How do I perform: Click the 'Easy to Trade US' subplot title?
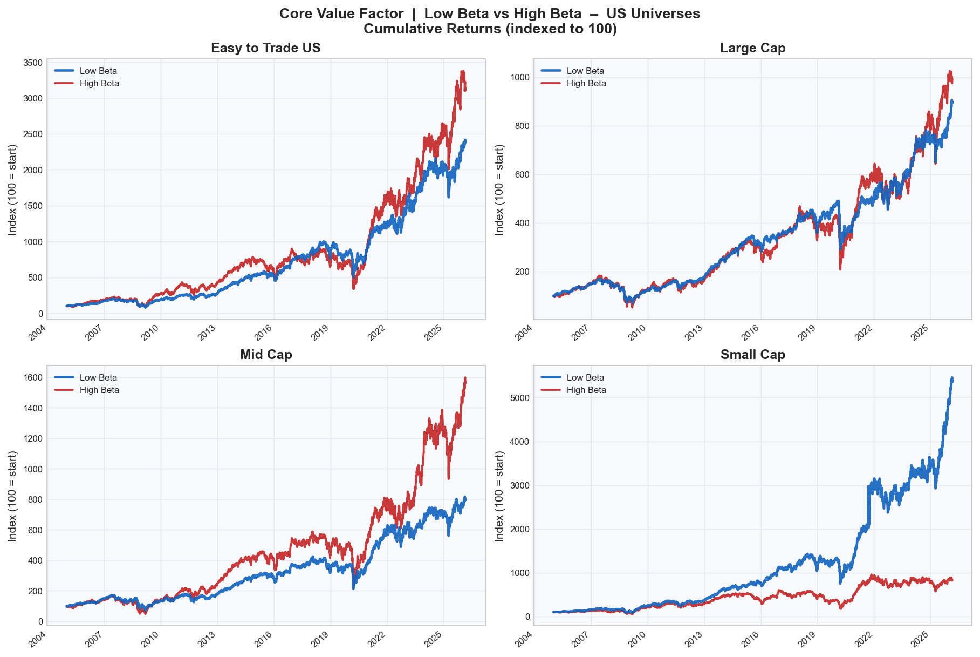[x=266, y=48]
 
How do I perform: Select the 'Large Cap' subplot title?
[x=753, y=48]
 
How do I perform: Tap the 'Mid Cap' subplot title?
[x=266, y=355]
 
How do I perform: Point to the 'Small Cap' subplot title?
[x=753, y=355]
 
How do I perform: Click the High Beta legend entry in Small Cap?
[x=586, y=390]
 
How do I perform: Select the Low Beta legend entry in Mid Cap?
[x=98, y=377]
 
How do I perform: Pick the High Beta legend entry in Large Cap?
[x=586, y=83]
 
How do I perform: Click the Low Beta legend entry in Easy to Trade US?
[x=98, y=71]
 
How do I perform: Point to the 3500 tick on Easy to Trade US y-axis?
[x=33, y=63]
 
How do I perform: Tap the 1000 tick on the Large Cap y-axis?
[x=520, y=77]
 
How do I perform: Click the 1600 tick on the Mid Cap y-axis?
[x=33, y=377]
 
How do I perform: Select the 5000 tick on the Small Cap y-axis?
[x=520, y=398]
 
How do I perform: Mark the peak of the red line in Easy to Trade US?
[x=462, y=71]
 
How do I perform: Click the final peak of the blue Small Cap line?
[x=952, y=378]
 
